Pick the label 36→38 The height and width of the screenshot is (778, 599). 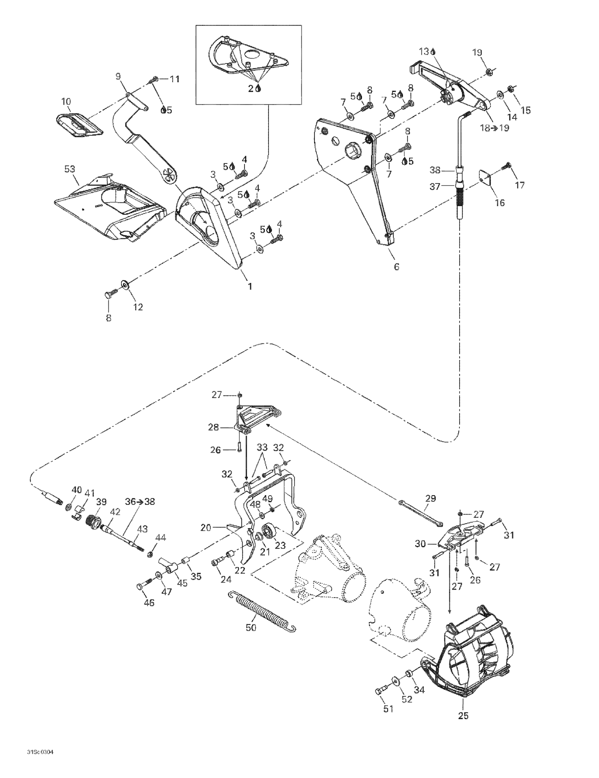click(140, 501)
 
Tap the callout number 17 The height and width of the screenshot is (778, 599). click(520, 185)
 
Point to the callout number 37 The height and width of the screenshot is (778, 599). click(435, 186)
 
